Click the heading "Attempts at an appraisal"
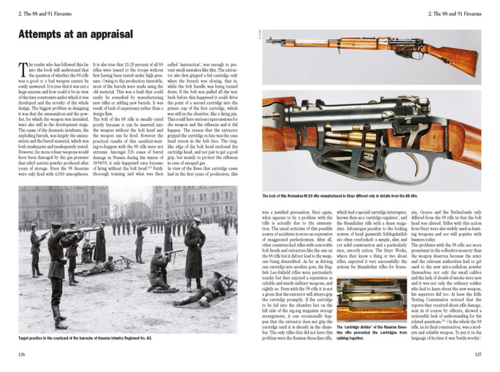click(x=75, y=34)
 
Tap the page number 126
click(x=22, y=355)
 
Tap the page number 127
click(x=477, y=355)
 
